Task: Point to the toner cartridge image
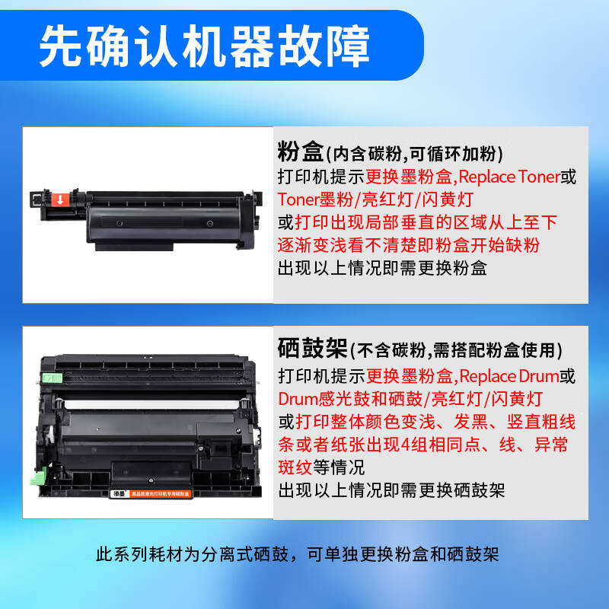[145, 215]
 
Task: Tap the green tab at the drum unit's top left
[51, 376]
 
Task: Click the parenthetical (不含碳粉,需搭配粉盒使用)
[456, 351]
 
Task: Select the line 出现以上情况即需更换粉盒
[382, 268]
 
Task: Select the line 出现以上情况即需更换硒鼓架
[391, 489]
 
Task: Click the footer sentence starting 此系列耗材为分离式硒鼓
[298, 554]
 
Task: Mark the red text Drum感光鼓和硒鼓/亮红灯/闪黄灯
[411, 398]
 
